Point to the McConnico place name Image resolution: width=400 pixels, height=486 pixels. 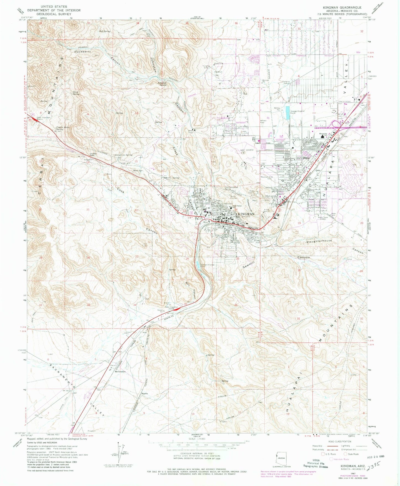point(120,372)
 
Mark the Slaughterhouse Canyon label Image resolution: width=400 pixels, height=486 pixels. point(319,241)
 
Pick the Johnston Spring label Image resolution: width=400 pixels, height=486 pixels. point(162,83)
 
